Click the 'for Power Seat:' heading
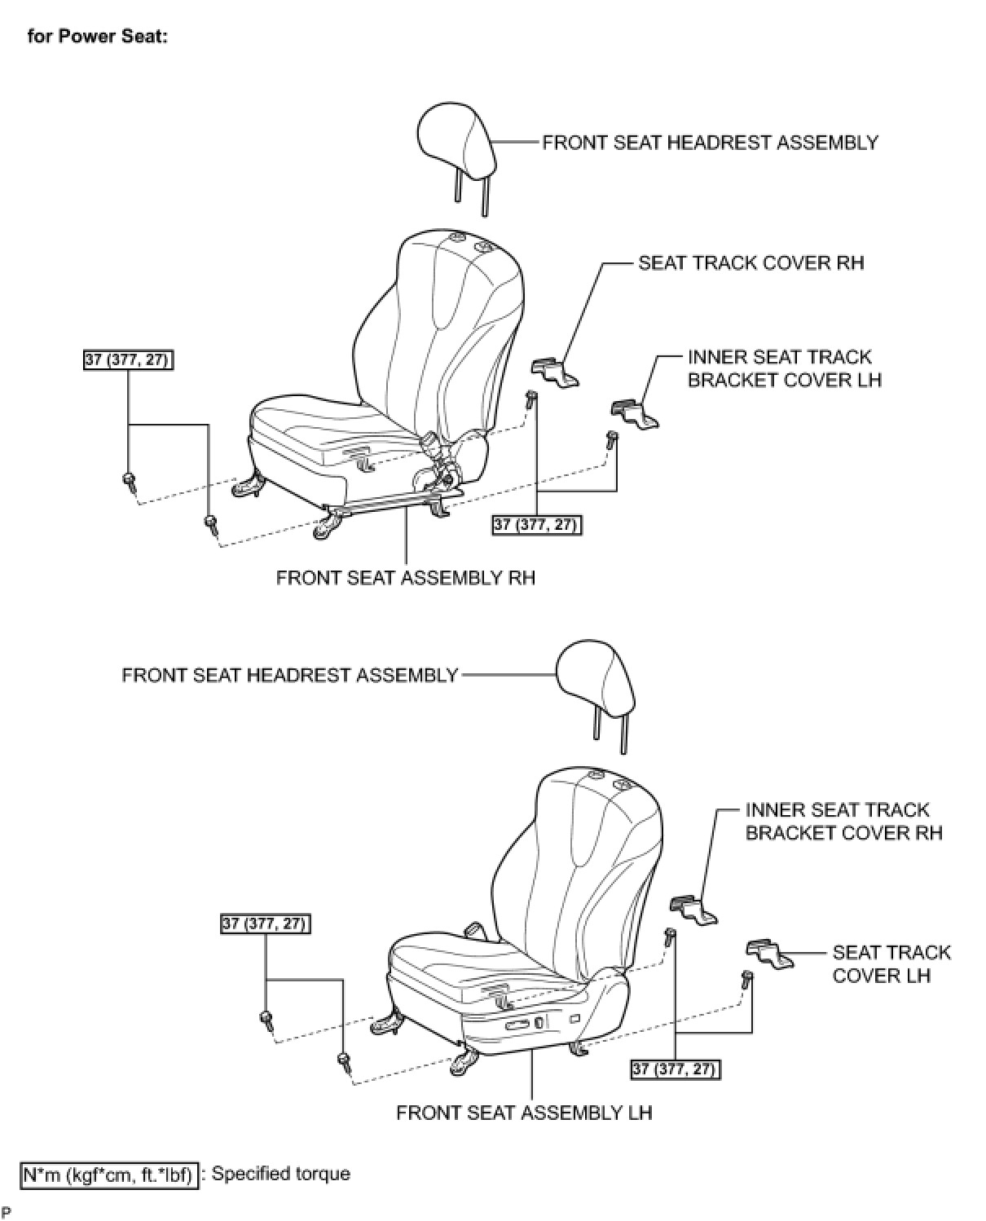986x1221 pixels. tap(97, 37)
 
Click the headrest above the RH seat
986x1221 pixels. tap(457, 142)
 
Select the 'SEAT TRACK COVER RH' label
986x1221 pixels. tap(751, 263)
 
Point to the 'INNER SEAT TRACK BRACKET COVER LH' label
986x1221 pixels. tap(784, 368)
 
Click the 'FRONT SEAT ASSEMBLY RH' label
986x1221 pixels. tap(406, 578)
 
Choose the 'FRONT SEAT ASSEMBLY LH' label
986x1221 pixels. tap(524, 1113)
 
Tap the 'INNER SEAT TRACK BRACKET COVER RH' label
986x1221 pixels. tap(843, 822)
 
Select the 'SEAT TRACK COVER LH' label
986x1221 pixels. tap(891, 963)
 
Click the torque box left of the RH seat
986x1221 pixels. tap(129, 359)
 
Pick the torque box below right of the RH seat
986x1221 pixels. tap(537, 525)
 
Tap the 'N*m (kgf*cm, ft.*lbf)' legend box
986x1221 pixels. tap(108, 1175)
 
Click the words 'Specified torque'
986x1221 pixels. tap(281, 1175)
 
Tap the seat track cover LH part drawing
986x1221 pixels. tap(768, 953)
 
